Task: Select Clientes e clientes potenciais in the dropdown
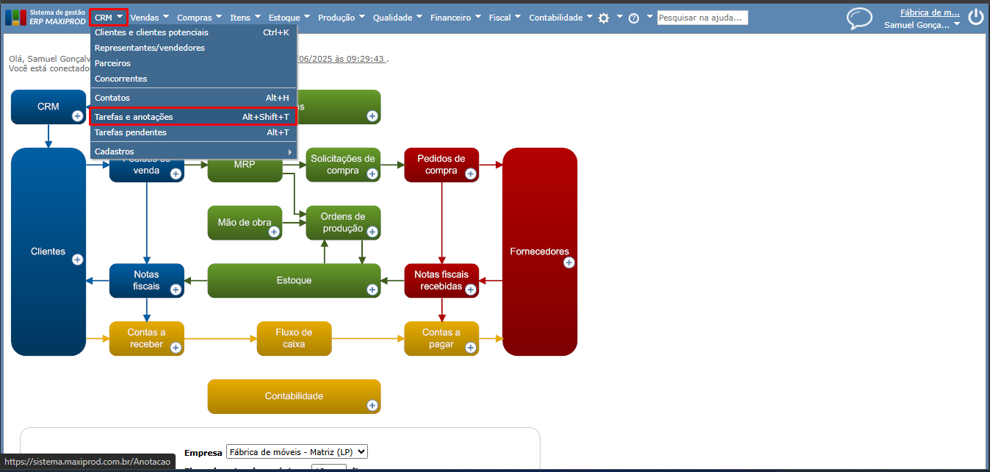click(151, 32)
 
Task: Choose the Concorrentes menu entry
click(121, 79)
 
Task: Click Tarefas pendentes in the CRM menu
click(131, 132)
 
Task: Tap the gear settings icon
click(604, 18)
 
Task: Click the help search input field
click(702, 18)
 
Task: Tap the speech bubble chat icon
click(859, 18)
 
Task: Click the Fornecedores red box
click(539, 251)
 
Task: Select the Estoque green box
click(294, 280)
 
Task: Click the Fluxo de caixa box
click(294, 338)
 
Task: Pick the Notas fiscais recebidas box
click(441, 280)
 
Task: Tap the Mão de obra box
click(245, 222)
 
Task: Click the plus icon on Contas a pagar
click(471, 348)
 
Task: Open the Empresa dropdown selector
click(297, 451)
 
